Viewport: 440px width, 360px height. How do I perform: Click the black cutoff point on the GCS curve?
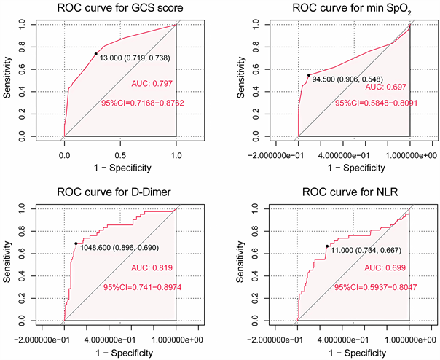point(95,53)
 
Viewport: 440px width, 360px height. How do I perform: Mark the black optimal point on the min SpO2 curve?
point(308,75)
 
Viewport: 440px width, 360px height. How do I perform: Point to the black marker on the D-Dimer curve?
point(76,243)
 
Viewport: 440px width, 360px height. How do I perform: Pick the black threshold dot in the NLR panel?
point(327,246)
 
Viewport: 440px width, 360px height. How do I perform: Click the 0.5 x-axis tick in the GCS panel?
point(120,154)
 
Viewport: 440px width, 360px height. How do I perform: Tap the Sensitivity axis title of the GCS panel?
point(9,80)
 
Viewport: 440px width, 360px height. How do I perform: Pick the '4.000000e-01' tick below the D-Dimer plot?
point(120,338)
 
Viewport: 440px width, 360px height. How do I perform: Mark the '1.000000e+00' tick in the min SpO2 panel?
point(409,154)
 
